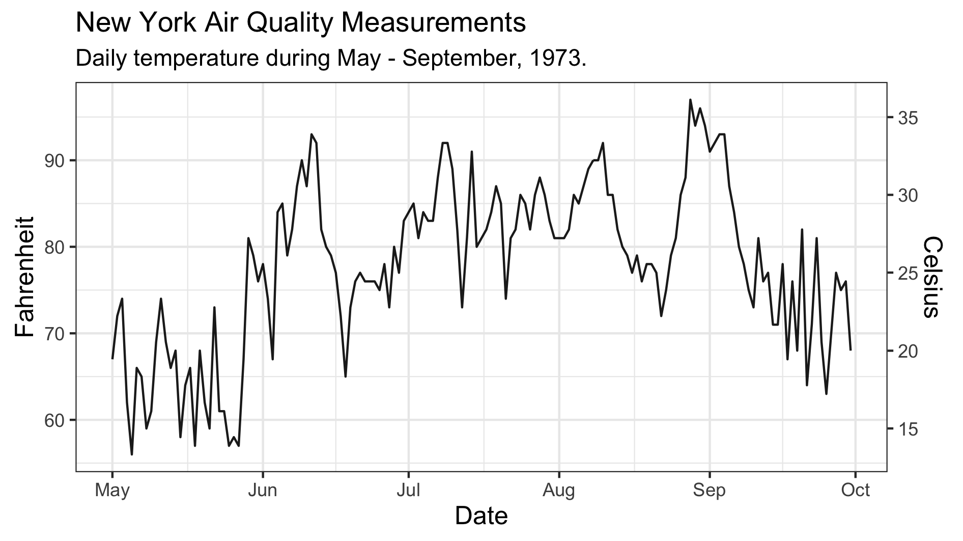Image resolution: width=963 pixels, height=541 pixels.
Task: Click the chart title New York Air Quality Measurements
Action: click(x=300, y=23)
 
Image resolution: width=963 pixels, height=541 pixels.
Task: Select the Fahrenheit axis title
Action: click(x=24, y=277)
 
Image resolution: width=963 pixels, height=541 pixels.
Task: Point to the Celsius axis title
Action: click(x=933, y=277)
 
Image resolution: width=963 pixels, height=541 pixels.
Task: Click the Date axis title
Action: click(x=481, y=516)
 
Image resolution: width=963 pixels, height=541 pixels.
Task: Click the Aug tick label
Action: click(x=559, y=491)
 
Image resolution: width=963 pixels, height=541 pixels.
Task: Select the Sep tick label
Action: click(x=709, y=491)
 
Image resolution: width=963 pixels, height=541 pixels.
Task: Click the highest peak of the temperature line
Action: click(x=690, y=100)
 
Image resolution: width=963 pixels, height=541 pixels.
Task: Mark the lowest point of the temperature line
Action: click(x=132, y=454)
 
